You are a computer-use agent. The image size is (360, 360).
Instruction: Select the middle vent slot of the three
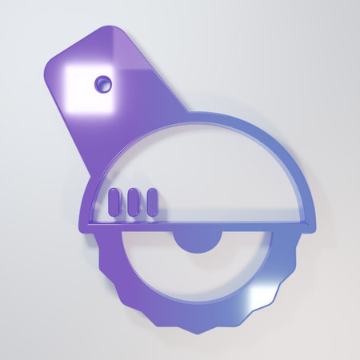[132, 202]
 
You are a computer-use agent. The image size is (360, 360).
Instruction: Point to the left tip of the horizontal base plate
[81, 225]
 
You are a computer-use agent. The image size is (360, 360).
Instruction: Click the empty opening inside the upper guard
[216, 172]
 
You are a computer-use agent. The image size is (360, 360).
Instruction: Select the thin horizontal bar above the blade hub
[196, 225]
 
